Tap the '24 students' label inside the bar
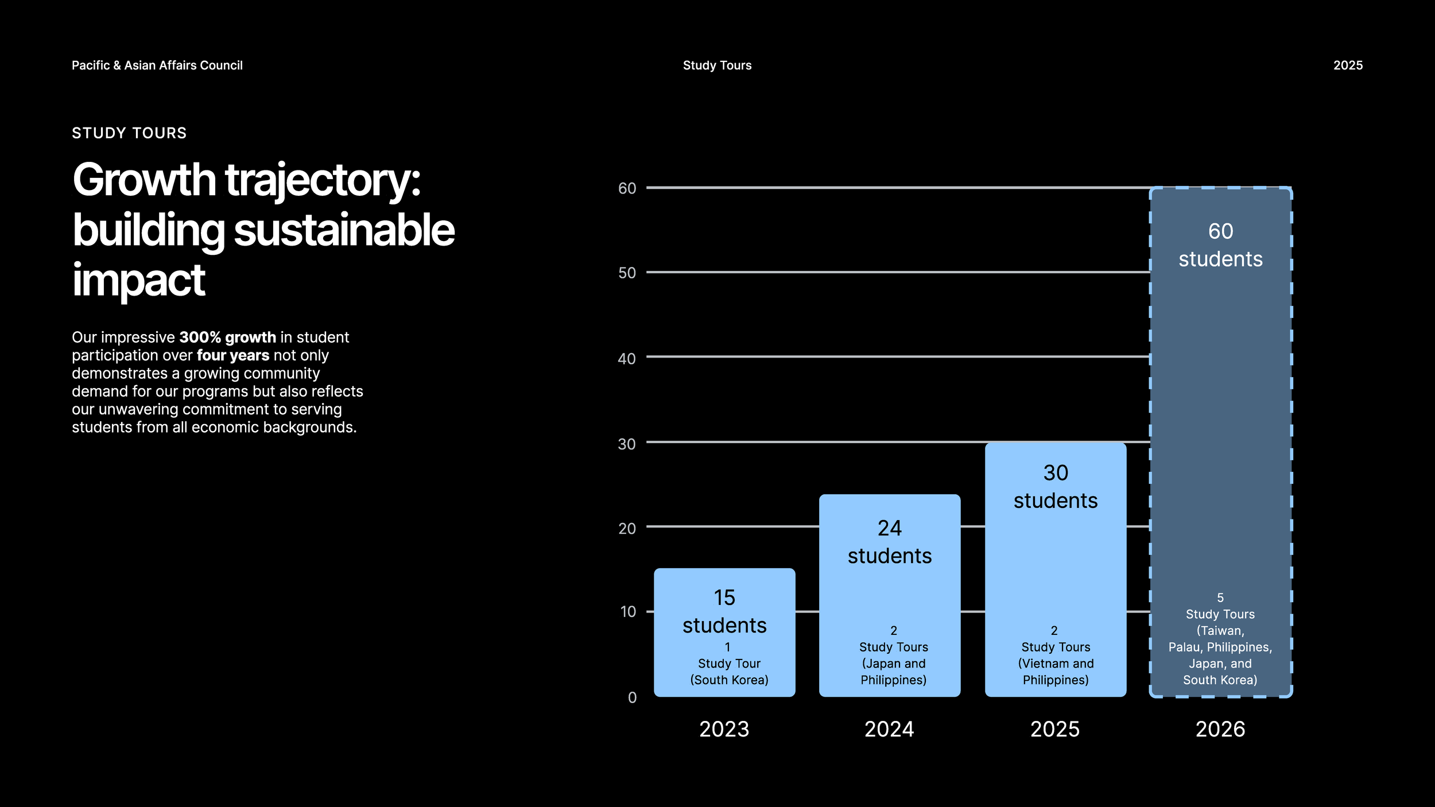click(890, 542)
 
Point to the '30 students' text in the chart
click(1055, 487)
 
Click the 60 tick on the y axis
click(627, 188)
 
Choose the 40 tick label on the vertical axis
click(627, 359)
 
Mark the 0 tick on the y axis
click(632, 697)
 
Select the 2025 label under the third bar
click(1055, 729)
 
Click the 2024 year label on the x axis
click(889, 729)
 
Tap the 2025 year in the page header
click(1348, 65)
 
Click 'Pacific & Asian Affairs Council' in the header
click(157, 65)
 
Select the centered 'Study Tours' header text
click(717, 65)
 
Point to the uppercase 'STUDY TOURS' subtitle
click(129, 133)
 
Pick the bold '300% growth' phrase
click(227, 337)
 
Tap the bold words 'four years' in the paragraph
click(232, 355)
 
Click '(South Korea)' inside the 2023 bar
click(729, 680)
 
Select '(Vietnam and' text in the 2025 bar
click(1056, 664)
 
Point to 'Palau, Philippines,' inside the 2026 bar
click(1220, 647)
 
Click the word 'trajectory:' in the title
click(323, 180)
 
